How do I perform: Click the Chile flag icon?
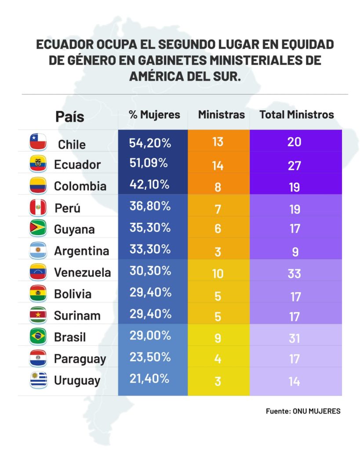point(38,142)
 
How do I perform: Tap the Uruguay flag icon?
point(38,380)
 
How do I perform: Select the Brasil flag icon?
point(38,337)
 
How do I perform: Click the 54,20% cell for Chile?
point(150,142)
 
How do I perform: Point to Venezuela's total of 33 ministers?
point(294,273)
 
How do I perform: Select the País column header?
point(69,116)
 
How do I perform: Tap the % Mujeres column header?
point(154,115)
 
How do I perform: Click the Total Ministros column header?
point(297,115)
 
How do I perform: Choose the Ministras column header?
point(221,115)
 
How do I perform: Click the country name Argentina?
point(81,251)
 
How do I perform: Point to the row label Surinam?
point(77,316)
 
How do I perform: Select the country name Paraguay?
point(80,359)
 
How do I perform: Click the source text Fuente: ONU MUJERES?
point(303,411)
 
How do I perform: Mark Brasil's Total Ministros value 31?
point(294,337)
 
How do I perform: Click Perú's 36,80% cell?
point(150,206)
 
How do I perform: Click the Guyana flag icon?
point(38,229)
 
